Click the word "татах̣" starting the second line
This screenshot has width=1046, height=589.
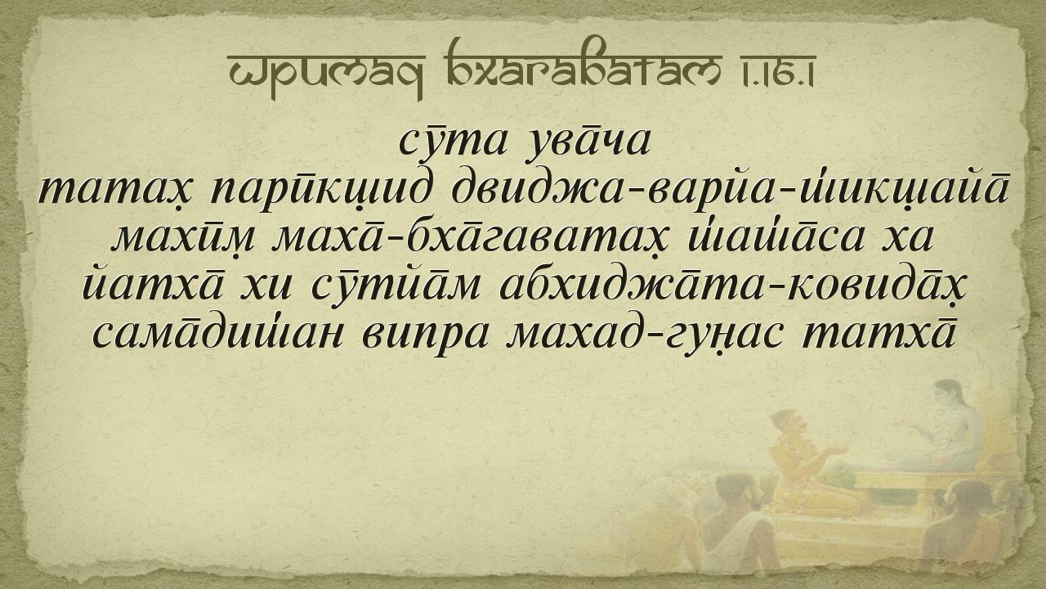click(x=116, y=192)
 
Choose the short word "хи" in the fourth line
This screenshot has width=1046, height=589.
click(x=266, y=287)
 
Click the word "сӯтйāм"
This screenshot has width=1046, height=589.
click(x=396, y=286)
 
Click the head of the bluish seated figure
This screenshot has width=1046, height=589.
click(x=948, y=393)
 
